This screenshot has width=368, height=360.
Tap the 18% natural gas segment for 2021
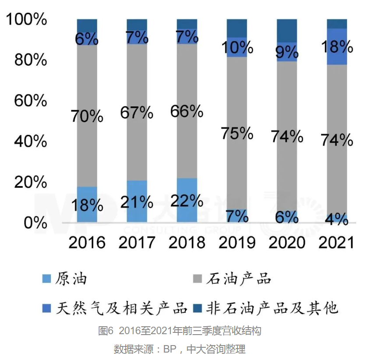337,46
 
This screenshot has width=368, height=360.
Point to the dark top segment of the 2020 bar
287,30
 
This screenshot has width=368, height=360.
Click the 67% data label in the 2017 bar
137,113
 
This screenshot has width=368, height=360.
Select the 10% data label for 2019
237,47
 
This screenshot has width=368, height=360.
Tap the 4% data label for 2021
337,219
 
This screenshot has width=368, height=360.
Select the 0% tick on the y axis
35,223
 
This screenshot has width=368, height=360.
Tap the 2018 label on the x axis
187,242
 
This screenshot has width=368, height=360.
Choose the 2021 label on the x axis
337,242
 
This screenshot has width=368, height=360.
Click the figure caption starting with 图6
180,331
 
